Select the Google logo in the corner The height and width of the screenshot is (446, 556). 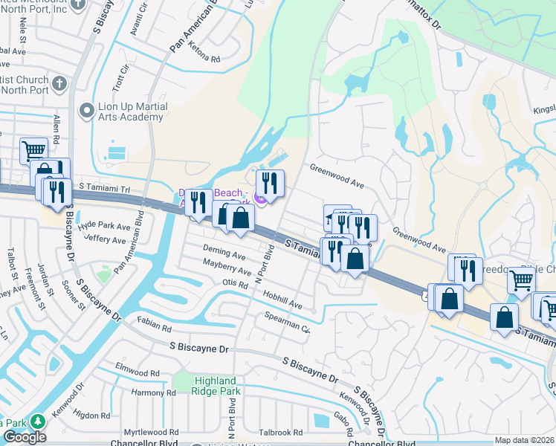coord(25,437)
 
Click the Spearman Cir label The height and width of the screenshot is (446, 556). coord(286,323)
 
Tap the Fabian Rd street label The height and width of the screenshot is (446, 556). coord(154,325)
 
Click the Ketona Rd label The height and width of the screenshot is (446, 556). coord(205,59)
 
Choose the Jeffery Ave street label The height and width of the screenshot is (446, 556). coord(105,239)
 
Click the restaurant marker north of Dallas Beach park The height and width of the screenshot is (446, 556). coord(270,182)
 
